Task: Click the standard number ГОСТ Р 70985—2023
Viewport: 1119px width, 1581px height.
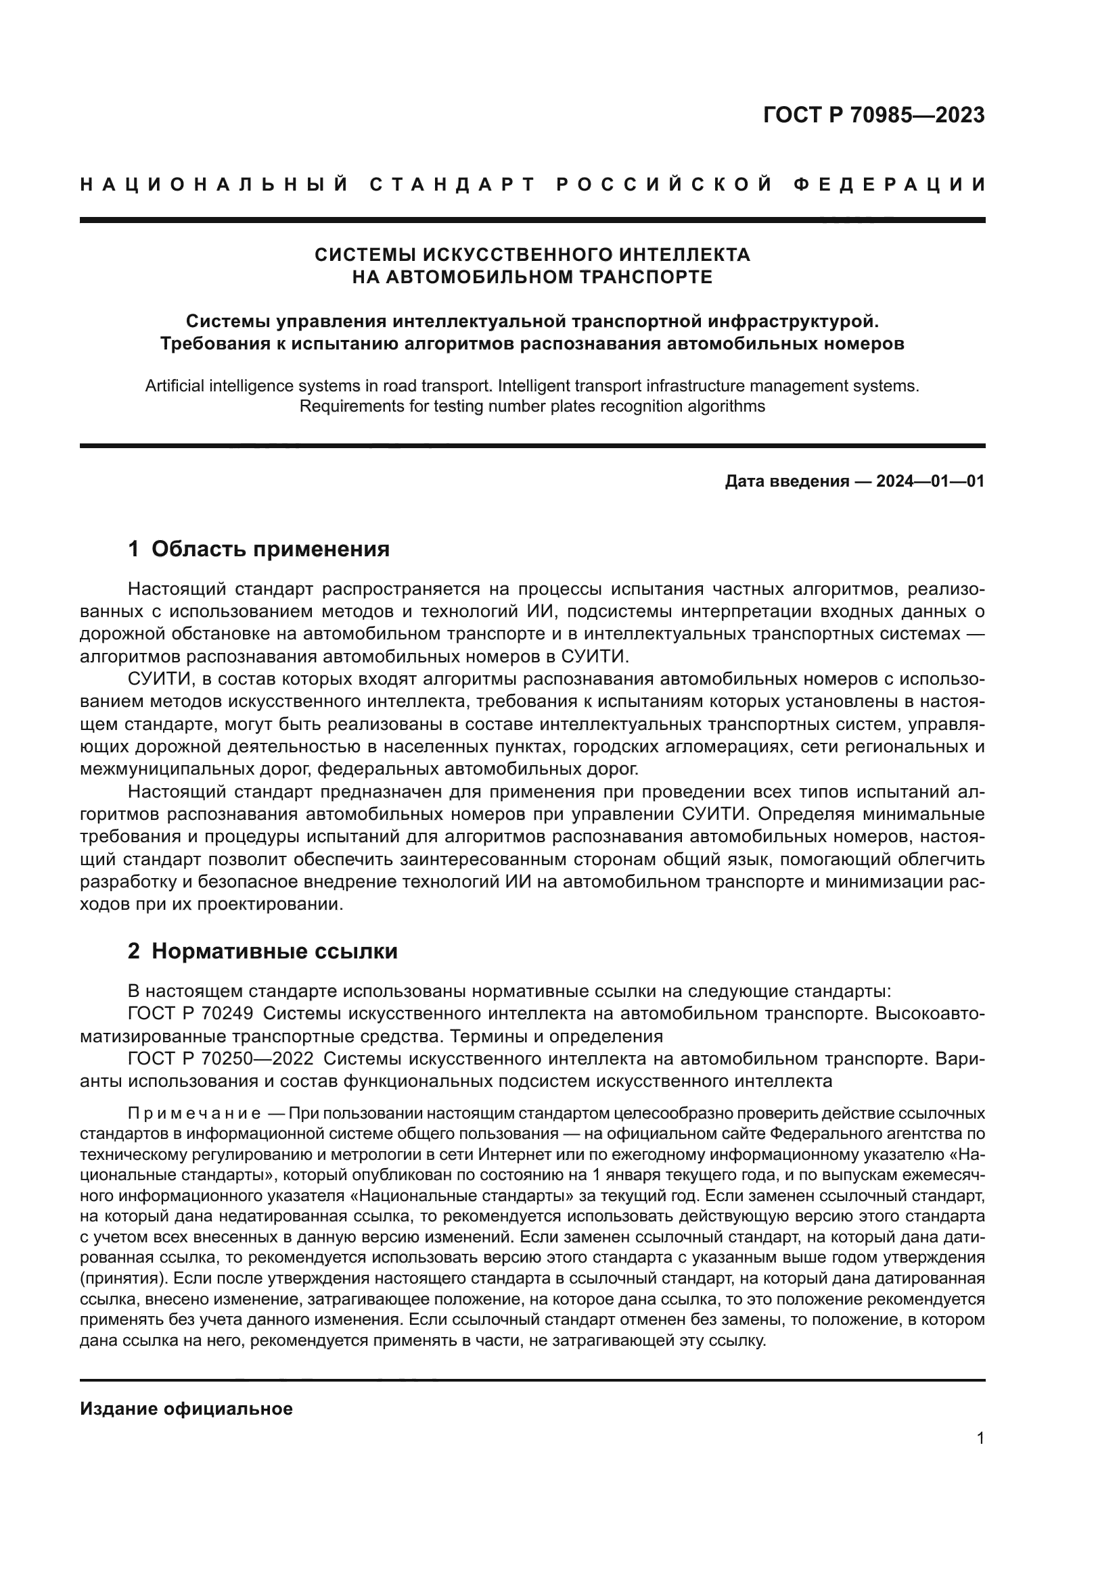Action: (x=873, y=115)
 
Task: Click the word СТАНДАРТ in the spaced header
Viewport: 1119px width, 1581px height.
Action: (x=453, y=185)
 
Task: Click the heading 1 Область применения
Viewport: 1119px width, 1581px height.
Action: (x=258, y=549)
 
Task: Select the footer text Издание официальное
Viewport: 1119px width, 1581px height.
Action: (x=186, y=1408)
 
